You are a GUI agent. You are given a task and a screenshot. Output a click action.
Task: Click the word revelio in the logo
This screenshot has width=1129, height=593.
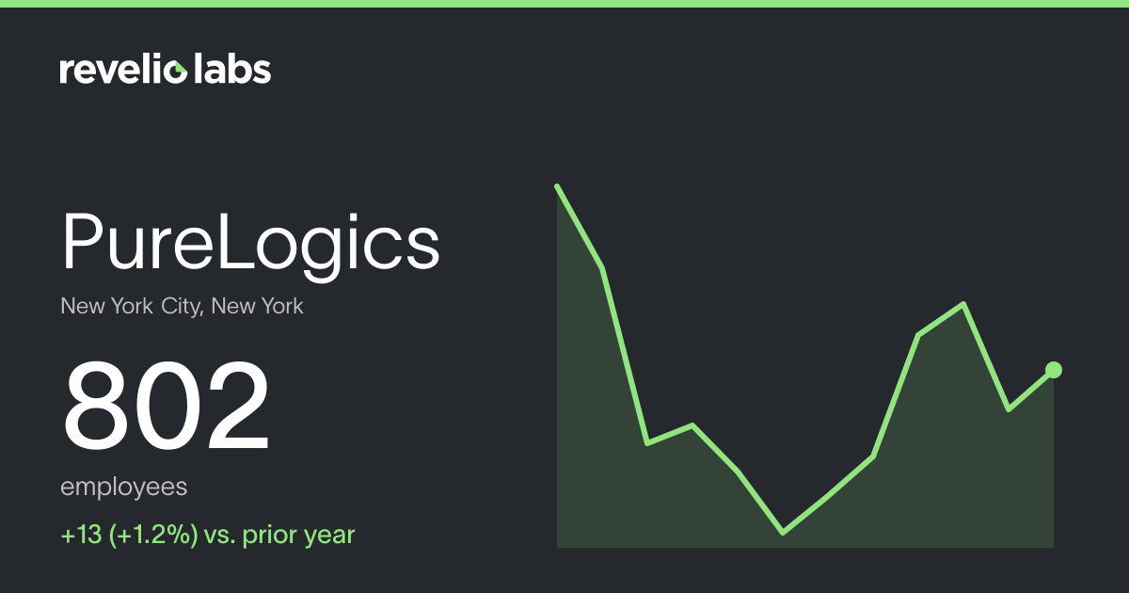point(123,70)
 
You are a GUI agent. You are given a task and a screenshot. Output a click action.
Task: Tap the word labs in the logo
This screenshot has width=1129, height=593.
point(232,69)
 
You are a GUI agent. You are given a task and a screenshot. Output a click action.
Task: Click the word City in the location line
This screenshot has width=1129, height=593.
point(182,307)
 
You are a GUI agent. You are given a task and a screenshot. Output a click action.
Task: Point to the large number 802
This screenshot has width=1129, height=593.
point(167,406)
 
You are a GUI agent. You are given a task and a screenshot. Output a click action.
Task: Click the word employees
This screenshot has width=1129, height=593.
point(123,488)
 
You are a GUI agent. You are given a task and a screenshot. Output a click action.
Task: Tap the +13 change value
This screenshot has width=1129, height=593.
point(81,535)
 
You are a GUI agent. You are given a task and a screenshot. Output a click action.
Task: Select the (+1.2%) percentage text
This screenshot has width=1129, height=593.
point(153,535)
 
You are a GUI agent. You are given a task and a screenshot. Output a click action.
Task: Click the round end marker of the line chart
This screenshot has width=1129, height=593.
point(1054,370)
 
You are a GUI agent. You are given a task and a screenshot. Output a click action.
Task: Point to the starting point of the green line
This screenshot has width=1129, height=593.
point(557,186)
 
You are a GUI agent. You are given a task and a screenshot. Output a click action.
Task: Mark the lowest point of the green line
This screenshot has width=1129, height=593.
point(783,533)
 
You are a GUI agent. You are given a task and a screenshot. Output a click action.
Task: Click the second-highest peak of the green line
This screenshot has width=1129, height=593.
point(963,304)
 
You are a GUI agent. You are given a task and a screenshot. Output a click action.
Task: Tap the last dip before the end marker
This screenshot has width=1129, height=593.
point(1009,409)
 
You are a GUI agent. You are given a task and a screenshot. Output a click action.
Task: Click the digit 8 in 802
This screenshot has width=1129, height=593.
point(96,406)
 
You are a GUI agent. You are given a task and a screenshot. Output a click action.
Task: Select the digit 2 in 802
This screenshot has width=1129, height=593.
point(238,405)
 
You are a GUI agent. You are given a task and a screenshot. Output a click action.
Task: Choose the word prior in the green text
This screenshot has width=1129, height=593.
point(272,536)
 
